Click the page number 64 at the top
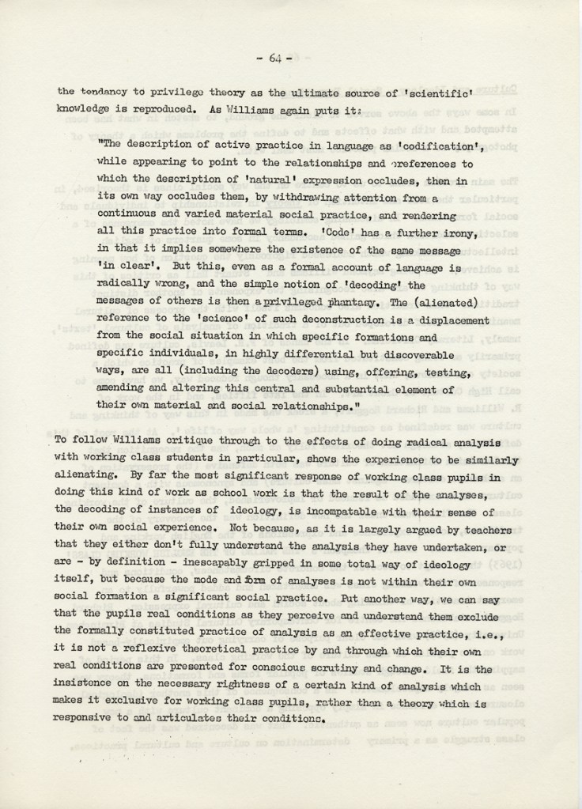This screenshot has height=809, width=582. tap(275, 58)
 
